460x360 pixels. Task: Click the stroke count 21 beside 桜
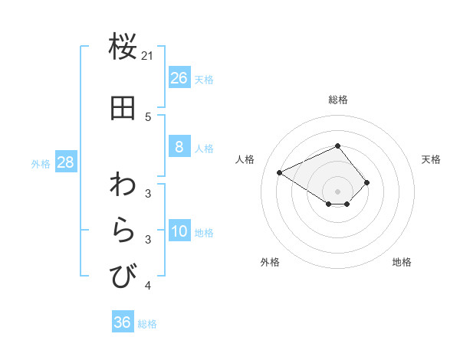coord(148,55)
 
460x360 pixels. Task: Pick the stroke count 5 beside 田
coord(148,117)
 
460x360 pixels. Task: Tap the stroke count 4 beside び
coord(148,286)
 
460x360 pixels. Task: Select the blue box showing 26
coord(179,78)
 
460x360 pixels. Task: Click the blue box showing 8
coord(179,147)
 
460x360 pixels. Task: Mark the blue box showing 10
coord(179,232)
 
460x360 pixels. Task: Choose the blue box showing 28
coord(65,162)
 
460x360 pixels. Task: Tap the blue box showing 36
coord(123,322)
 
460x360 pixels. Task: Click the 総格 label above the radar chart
coord(337,100)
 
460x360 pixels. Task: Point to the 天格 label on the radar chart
coord(431,159)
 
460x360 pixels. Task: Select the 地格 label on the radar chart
coord(402,262)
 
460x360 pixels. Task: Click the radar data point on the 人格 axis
coord(280,172)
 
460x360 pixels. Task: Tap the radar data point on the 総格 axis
coord(337,146)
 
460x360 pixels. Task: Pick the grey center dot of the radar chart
coord(337,191)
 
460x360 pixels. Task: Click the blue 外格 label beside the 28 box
coord(41,163)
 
